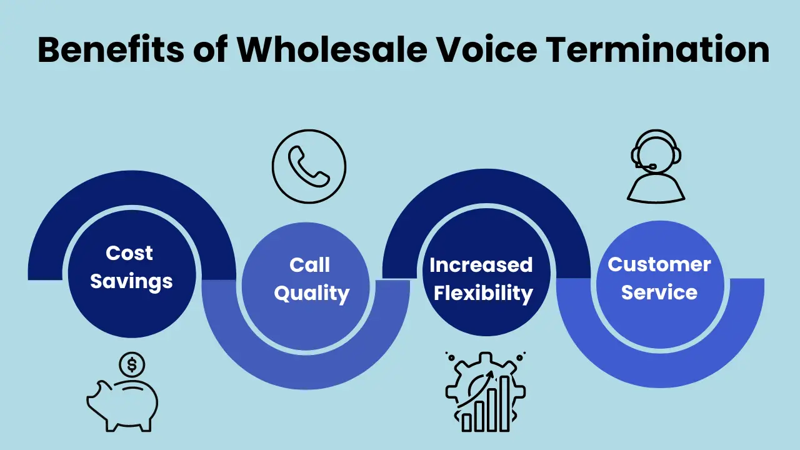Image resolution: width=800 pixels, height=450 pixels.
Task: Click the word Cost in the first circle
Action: click(129, 253)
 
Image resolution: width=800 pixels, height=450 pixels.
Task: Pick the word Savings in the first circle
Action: click(131, 281)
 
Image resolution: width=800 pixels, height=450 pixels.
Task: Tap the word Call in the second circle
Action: click(309, 265)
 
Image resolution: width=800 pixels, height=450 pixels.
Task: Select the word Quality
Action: click(311, 293)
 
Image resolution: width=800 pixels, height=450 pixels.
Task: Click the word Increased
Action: click(481, 265)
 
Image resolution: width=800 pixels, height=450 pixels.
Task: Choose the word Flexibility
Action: click(483, 292)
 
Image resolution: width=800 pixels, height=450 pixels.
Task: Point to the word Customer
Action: click(659, 264)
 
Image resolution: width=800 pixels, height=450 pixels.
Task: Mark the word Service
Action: click(659, 292)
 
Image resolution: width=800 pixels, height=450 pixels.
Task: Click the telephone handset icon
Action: click(309, 166)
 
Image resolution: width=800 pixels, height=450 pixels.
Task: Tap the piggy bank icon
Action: click(122, 403)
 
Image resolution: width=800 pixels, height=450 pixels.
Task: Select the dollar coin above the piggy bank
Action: click(132, 363)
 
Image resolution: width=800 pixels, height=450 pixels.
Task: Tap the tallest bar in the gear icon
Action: click(505, 402)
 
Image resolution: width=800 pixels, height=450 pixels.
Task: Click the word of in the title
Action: click(211, 50)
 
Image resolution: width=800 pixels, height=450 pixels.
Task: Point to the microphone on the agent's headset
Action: click(651, 167)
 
